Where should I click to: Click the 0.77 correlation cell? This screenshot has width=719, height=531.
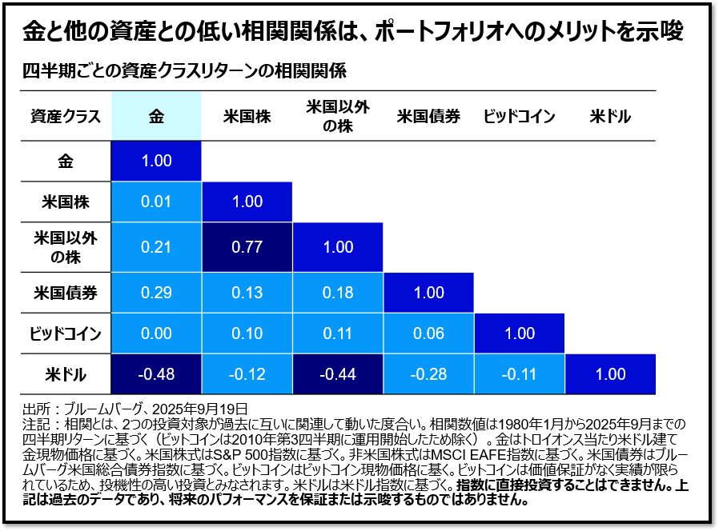[247, 248]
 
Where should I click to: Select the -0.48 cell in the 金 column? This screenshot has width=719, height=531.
[156, 374]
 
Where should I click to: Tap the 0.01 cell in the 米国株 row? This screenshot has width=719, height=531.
[156, 202]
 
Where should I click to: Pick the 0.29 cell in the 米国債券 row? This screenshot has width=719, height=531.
[156, 293]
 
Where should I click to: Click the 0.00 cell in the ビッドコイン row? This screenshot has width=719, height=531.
[156, 333]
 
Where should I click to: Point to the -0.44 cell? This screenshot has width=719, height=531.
[338, 374]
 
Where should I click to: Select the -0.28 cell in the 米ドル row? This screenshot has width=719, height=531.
[428, 374]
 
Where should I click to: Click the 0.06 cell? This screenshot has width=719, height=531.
[428, 333]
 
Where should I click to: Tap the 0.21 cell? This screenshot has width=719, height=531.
[156, 248]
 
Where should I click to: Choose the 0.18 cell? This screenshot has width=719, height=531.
[338, 293]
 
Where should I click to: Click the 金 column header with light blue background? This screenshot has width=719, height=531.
[156, 116]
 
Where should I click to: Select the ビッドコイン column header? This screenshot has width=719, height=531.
[519, 116]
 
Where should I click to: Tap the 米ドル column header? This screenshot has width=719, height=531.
[610, 116]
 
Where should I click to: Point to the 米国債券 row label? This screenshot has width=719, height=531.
[66, 293]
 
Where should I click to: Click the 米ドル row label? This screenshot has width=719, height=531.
[66, 374]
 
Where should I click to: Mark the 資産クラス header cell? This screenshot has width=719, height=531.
[66, 116]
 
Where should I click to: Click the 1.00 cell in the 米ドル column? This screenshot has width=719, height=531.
[610, 374]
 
